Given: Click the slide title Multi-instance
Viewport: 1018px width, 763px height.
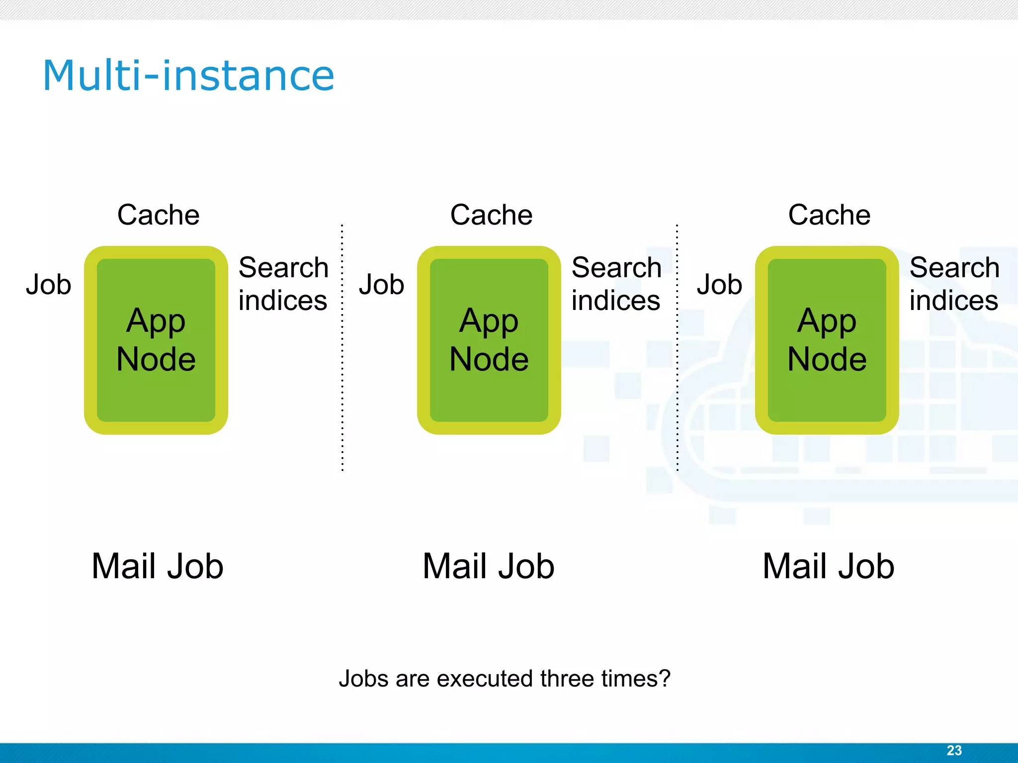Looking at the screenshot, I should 188,76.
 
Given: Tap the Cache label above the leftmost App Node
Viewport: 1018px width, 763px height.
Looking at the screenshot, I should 158,215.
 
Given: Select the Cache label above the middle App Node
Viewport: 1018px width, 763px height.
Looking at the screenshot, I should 491,215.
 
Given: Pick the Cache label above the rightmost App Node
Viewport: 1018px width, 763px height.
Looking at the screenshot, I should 829,215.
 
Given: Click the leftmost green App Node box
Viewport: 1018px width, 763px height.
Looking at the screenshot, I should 156,340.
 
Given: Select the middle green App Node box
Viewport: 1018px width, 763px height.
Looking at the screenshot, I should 489,340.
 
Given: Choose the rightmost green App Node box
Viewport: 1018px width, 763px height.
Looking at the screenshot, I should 827,340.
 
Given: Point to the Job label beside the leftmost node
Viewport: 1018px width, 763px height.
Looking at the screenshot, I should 49,285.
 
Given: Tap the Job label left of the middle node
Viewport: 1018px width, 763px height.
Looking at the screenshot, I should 382,285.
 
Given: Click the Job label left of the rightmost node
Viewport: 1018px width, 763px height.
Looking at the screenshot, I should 719,285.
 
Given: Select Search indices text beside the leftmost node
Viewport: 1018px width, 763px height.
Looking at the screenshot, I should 283,284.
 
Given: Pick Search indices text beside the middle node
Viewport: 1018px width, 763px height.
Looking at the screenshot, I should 616,284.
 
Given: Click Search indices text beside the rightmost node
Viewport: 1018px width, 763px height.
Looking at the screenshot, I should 954,284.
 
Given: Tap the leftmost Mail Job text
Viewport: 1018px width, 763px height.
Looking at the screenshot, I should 158,566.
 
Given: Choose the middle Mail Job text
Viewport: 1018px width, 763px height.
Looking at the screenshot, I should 489,566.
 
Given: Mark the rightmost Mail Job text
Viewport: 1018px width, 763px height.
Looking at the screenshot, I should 829,566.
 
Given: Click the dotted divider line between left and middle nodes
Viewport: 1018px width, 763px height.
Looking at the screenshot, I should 342,348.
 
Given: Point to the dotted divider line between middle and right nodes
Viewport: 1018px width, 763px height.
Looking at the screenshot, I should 677,348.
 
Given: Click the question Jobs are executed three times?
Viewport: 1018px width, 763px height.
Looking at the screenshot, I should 505,679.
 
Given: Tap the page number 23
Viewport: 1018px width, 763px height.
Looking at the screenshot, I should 954,751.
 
